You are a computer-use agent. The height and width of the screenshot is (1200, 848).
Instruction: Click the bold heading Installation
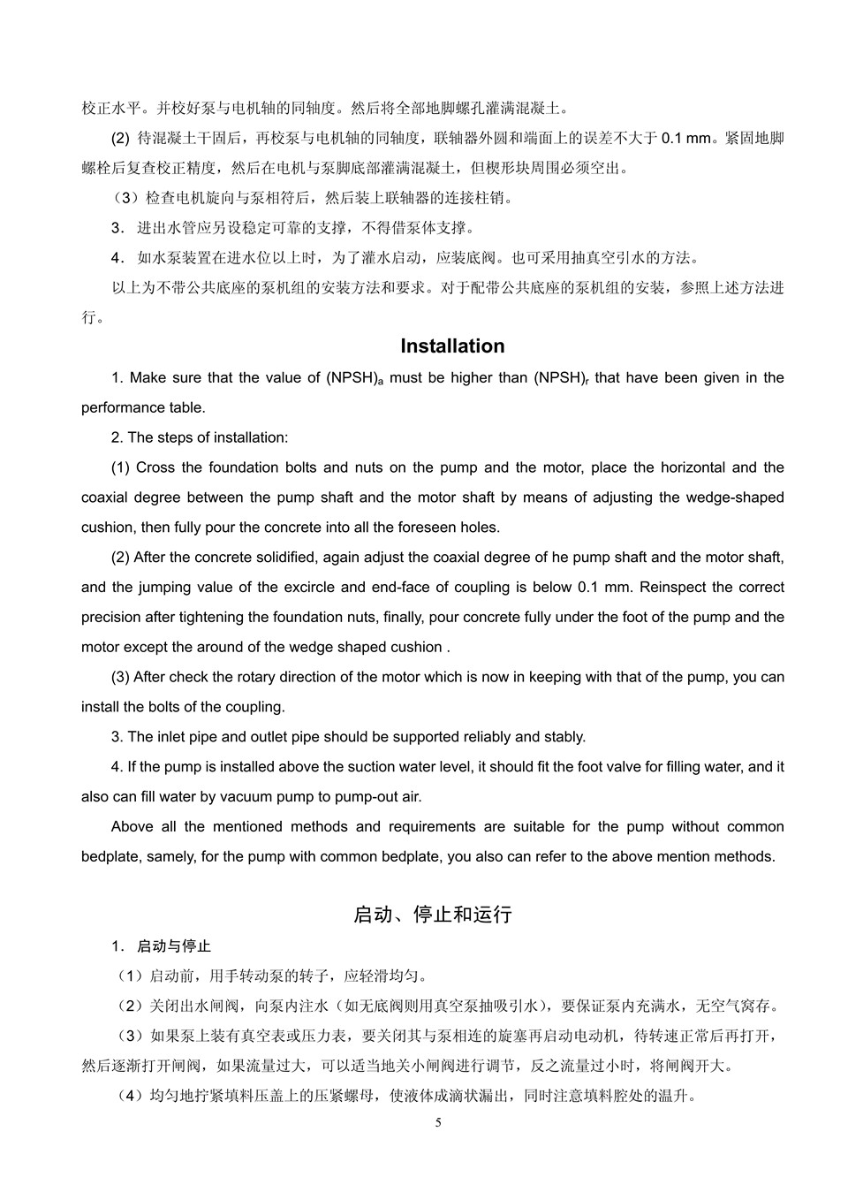pos(452,346)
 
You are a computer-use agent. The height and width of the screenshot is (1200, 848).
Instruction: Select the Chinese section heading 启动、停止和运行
pos(432,915)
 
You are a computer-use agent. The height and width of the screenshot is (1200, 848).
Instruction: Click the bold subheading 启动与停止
pos(174,946)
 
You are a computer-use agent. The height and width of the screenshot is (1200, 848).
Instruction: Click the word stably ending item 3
pos(564,737)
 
